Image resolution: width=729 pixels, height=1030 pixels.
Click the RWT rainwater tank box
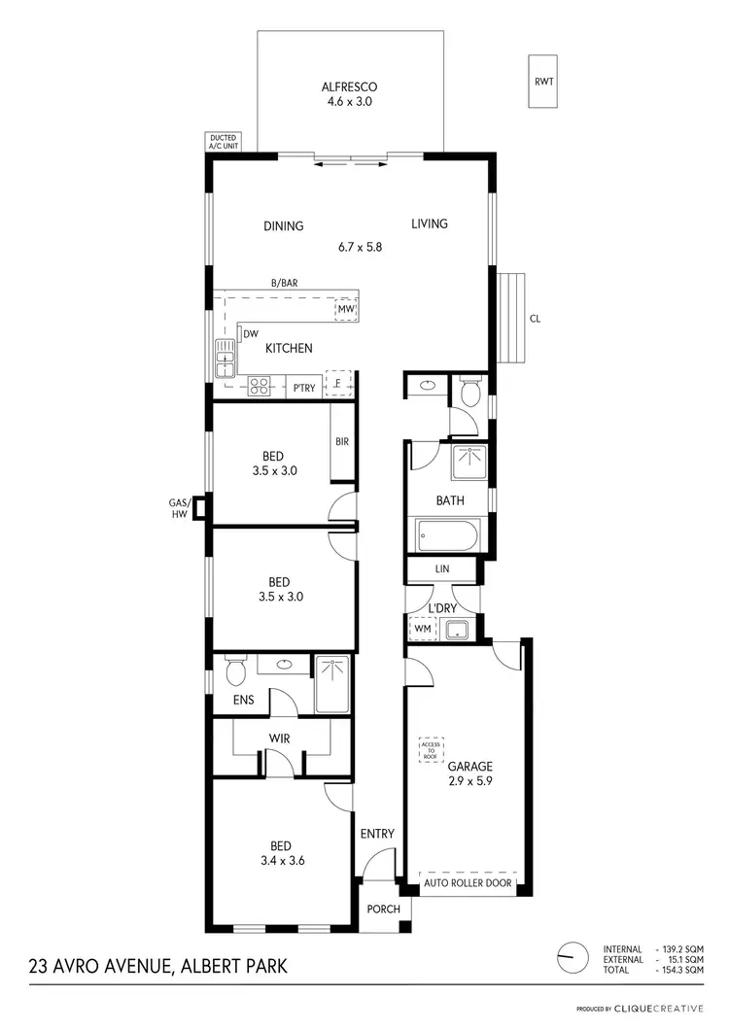tap(543, 82)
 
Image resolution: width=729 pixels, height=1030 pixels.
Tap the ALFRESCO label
tap(349, 86)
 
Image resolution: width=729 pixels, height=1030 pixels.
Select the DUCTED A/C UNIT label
tap(224, 142)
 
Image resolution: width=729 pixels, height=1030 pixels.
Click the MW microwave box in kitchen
tap(346, 309)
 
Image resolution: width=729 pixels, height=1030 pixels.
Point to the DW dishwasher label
tap(251, 334)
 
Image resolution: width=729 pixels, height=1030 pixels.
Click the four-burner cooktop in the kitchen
tap(259, 386)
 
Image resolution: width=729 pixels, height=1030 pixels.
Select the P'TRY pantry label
tap(304, 388)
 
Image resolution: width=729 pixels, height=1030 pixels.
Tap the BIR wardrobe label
tap(342, 441)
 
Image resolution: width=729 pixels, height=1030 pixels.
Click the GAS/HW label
tap(178, 508)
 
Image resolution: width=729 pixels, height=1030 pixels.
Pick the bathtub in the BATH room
tap(446, 535)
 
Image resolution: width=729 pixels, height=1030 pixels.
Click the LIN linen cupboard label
tap(441, 568)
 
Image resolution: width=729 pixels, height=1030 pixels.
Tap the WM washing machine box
tap(422, 630)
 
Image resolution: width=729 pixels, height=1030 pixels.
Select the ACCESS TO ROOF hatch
tap(431, 749)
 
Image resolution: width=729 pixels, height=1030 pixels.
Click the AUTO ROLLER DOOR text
tap(469, 885)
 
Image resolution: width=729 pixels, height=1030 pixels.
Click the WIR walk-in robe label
tap(280, 739)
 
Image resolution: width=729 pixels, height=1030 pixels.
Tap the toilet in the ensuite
tap(234, 669)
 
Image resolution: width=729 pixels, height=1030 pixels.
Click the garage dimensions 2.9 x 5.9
tap(471, 779)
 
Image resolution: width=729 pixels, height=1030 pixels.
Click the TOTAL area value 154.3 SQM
tap(681, 970)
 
